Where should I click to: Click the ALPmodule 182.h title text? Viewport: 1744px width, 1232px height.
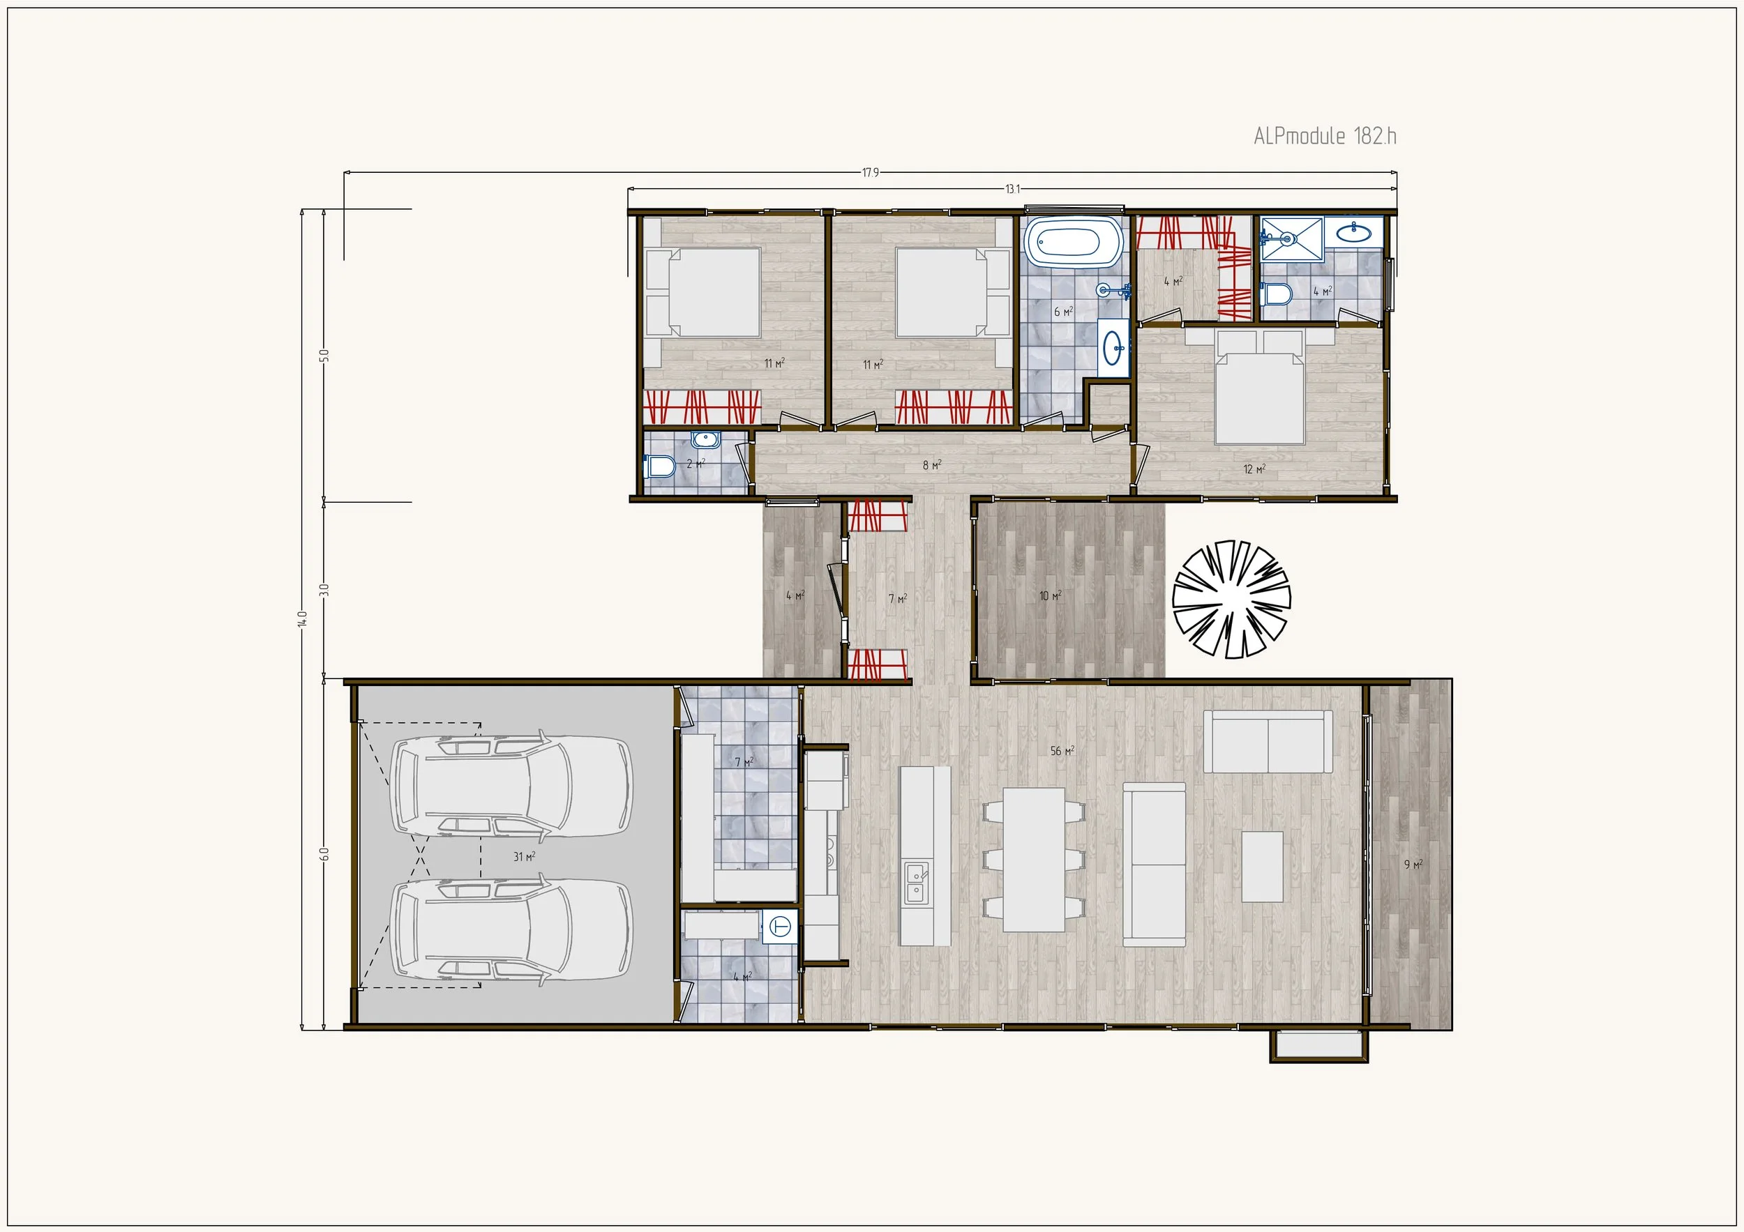[x=1325, y=137]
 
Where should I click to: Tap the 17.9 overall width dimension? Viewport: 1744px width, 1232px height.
[x=870, y=173]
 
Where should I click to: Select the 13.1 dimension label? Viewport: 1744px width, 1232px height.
[x=1012, y=189]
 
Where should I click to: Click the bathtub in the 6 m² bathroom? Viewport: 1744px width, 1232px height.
[x=1072, y=241]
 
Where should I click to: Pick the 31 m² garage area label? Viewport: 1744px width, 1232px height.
[x=524, y=856]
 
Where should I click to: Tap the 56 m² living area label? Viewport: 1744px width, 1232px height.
[x=1062, y=751]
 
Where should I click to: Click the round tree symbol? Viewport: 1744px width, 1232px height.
[x=1231, y=599]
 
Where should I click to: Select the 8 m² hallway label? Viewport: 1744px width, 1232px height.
[x=932, y=465]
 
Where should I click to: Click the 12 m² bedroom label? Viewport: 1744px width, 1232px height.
[x=1254, y=469]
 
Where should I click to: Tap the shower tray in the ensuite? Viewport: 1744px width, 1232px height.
[x=1291, y=238]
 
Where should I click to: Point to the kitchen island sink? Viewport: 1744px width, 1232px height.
[x=916, y=882]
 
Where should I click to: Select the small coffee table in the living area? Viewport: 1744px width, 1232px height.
[x=1263, y=867]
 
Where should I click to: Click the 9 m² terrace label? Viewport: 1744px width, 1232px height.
[x=1413, y=864]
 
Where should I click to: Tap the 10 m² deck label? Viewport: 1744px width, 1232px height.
[x=1050, y=596]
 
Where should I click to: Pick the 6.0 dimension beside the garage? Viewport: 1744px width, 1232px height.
[x=324, y=854]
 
